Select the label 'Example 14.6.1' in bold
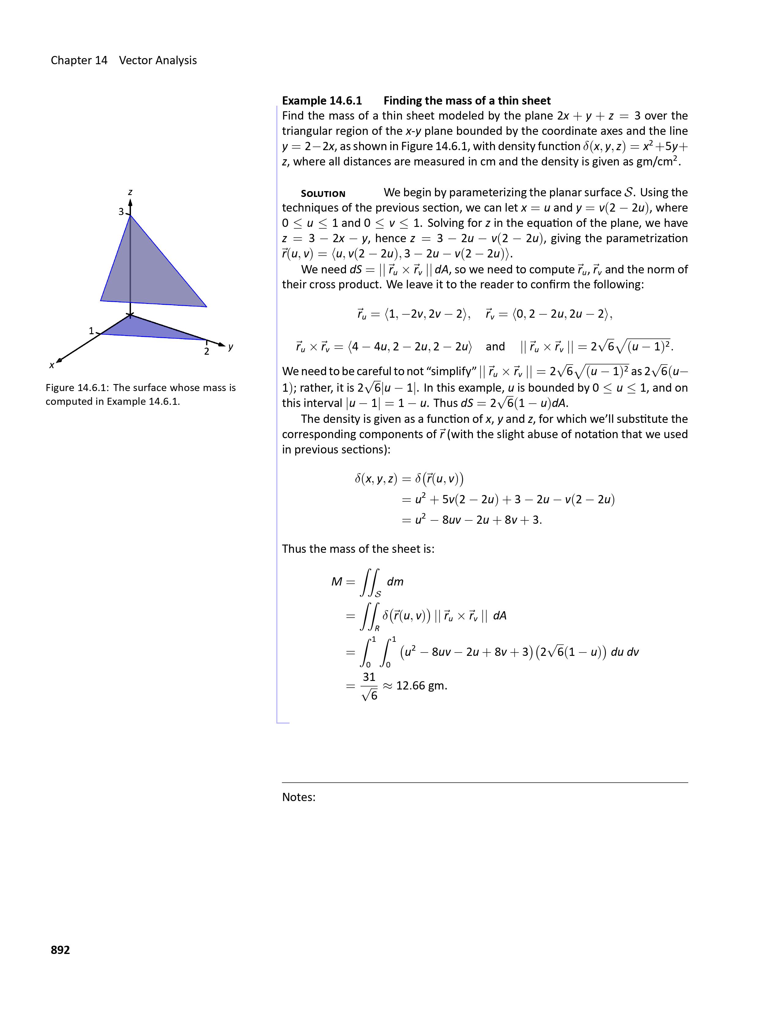[322, 101]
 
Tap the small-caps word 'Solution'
[323, 194]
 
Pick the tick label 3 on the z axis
[121, 212]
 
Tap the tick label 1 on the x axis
[91, 331]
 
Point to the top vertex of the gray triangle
[130, 216]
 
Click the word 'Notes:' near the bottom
[299, 797]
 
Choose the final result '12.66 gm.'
[422, 686]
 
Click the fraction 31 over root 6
[369, 686]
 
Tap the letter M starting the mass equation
[336, 582]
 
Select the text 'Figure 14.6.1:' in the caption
[77, 388]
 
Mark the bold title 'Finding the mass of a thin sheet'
[467, 101]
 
